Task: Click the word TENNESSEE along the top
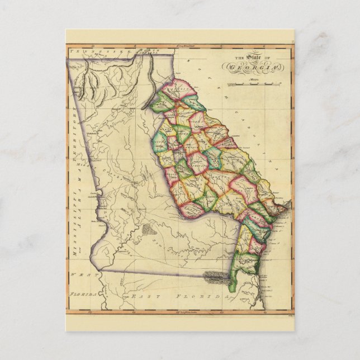coord(89,50)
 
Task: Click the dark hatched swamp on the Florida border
coord(215,275)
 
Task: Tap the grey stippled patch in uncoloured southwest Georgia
coord(146,229)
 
